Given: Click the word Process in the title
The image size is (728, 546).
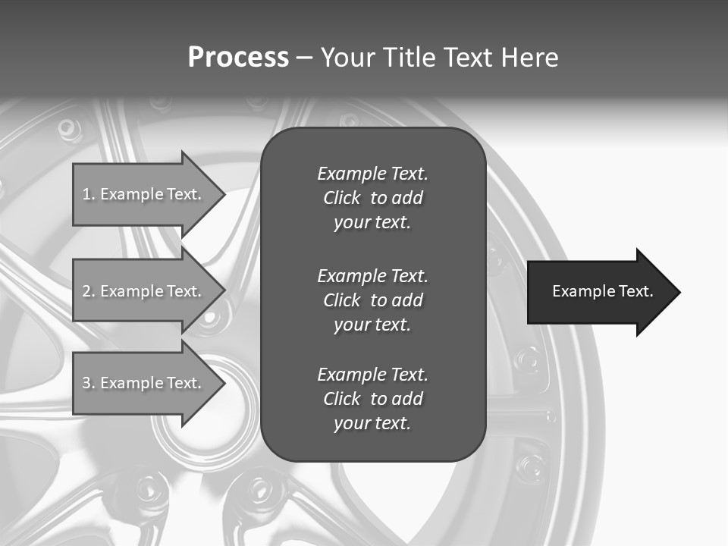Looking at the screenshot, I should (x=238, y=58).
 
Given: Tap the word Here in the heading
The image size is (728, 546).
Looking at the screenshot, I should (x=529, y=58).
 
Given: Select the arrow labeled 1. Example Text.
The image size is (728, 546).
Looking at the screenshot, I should (x=144, y=194).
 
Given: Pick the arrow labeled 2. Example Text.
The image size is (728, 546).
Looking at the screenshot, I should (x=144, y=291).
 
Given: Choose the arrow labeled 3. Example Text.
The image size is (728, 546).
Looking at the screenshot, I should (x=144, y=383).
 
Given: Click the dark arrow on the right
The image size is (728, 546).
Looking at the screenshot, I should (x=599, y=292).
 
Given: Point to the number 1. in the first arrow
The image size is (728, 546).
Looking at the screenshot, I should (x=89, y=194).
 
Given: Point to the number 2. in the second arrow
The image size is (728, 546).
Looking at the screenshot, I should (x=89, y=291).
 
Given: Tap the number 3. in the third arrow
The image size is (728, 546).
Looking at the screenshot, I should (x=89, y=383).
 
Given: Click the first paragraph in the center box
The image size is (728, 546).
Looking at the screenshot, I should (x=372, y=198).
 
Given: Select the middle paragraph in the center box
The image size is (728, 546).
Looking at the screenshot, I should (x=372, y=300).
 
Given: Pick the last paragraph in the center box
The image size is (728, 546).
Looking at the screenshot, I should (x=372, y=399).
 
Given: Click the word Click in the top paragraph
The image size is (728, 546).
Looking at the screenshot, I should (x=341, y=198).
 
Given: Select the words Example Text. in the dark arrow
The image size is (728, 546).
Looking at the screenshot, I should (x=602, y=291).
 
